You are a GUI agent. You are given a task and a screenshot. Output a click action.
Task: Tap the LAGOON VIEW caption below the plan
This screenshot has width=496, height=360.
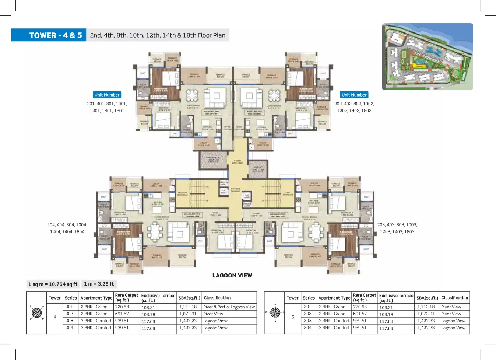coord(232,276)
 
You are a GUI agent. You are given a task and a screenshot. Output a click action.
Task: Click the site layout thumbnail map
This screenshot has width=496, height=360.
coord(428,57)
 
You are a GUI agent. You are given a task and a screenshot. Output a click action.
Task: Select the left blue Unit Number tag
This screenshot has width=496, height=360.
coord(107,95)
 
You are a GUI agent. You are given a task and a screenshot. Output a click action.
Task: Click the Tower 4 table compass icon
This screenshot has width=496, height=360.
coord(37,313)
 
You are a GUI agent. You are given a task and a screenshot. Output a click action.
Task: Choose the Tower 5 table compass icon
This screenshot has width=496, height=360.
coord(275,312)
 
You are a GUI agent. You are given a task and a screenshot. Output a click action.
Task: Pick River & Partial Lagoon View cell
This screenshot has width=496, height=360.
coord(229,307)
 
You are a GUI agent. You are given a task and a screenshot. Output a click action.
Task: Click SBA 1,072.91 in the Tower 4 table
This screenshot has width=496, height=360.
coord(188,314)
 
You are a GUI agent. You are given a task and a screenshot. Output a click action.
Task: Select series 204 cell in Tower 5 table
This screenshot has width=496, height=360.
coord(307,328)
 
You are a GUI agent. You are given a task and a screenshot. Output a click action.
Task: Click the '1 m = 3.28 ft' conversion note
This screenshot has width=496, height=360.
coord(99,284)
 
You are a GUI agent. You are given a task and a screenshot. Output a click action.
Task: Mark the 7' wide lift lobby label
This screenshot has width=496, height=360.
coord(238,162)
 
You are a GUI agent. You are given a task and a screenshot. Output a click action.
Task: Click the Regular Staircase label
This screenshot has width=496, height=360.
coord(183,193)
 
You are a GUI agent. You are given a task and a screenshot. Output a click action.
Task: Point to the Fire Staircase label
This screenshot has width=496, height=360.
coord(288,193)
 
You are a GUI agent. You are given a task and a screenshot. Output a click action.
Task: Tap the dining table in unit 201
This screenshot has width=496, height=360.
coord(192,95)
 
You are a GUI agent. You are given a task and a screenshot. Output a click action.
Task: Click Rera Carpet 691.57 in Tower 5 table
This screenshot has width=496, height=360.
coord(360,314)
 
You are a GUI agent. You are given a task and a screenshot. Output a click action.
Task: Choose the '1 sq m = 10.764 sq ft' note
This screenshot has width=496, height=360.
coord(53,284)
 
